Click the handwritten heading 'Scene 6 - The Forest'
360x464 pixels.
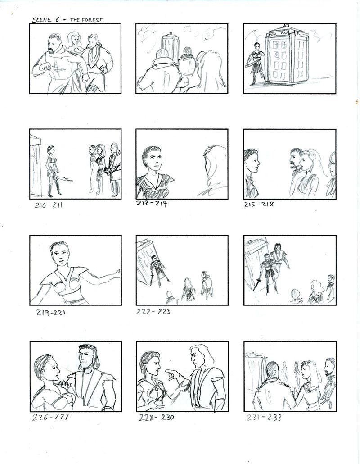point(67,20)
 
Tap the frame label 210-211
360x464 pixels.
point(49,205)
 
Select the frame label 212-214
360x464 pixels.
point(152,204)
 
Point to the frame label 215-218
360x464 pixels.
point(259,204)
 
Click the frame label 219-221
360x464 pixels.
point(51,312)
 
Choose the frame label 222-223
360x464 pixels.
point(153,311)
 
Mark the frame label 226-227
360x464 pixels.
point(50,417)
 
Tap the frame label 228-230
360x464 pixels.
point(156,418)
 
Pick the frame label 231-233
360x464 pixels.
point(264,417)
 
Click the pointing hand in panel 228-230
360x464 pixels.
point(173,374)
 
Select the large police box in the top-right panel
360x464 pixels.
point(286,55)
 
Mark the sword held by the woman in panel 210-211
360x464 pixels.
point(64,178)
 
